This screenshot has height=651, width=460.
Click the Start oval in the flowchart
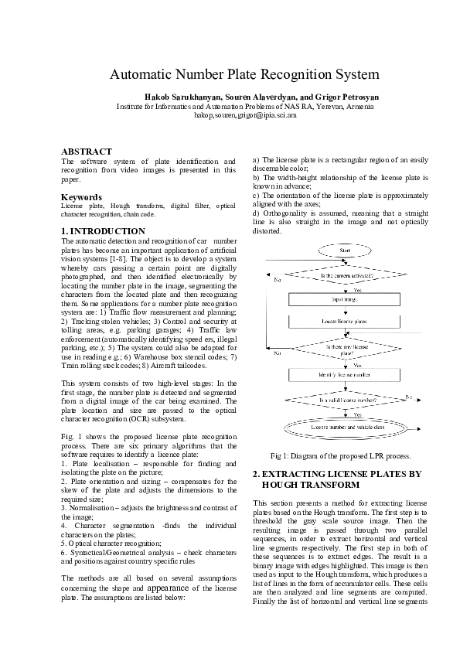click(347, 250)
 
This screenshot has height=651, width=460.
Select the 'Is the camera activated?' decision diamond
click(346, 275)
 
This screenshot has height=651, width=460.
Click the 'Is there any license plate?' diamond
click(346, 349)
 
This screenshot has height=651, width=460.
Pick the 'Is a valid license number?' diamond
click(346, 400)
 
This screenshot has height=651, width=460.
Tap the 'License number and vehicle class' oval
click(346, 427)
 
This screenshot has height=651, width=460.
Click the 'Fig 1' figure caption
click(340, 455)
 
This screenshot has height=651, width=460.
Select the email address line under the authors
click(244, 114)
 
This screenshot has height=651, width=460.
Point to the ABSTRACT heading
click(87, 152)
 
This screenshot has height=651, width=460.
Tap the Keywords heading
click(81, 197)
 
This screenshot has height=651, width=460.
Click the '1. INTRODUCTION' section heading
click(103, 231)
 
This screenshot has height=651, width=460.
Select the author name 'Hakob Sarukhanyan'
click(183, 97)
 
